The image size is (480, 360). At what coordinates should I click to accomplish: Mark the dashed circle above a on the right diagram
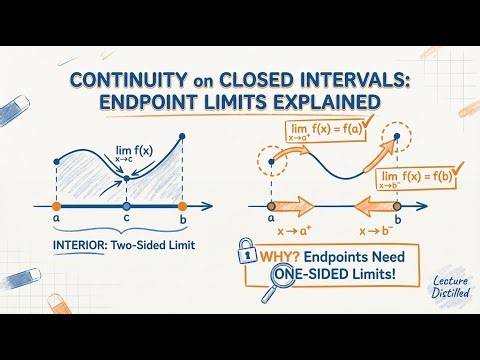coord(271,160)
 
